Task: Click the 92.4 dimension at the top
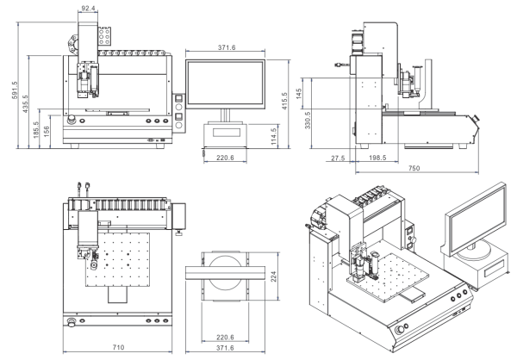(x=88, y=8)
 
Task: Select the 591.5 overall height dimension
(x=15, y=90)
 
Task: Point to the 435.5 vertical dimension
(x=25, y=104)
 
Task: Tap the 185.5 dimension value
(x=36, y=129)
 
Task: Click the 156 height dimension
(x=47, y=132)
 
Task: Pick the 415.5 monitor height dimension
(x=284, y=101)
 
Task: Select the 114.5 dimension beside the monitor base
(x=274, y=136)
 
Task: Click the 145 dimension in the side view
(x=299, y=94)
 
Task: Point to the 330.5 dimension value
(x=308, y=121)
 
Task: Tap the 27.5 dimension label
(x=338, y=158)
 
